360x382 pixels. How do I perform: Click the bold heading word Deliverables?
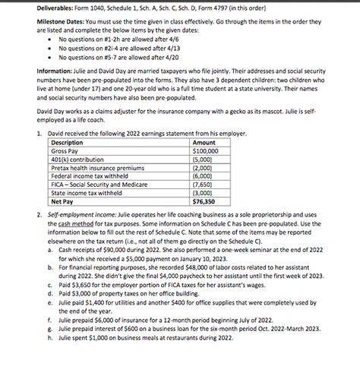pyautogui.click(x=36, y=9)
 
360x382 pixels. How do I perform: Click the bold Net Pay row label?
pyautogui.click(x=62, y=201)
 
